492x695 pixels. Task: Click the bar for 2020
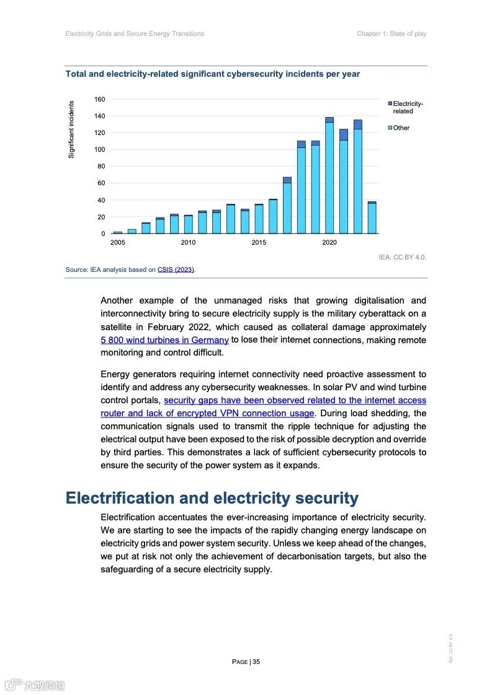(x=329, y=175)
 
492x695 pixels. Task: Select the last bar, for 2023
(x=372, y=217)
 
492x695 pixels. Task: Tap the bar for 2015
(x=259, y=219)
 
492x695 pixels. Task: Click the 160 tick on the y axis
(x=99, y=99)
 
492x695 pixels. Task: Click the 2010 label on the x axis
(x=188, y=242)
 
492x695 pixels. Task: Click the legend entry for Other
(x=401, y=128)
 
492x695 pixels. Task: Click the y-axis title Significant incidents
(x=71, y=129)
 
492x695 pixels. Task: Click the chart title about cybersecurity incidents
(x=213, y=74)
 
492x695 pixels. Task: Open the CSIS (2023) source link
(x=176, y=269)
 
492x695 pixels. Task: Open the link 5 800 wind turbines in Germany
(x=164, y=340)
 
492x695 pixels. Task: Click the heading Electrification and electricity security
(x=212, y=498)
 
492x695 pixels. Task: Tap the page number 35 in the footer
(x=256, y=662)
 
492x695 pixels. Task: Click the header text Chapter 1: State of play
(x=391, y=33)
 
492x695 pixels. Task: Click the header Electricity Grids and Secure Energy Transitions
(x=135, y=33)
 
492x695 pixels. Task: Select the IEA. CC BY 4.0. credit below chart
(x=402, y=256)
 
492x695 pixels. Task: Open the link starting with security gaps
(x=295, y=401)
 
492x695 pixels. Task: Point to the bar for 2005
(x=117, y=232)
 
